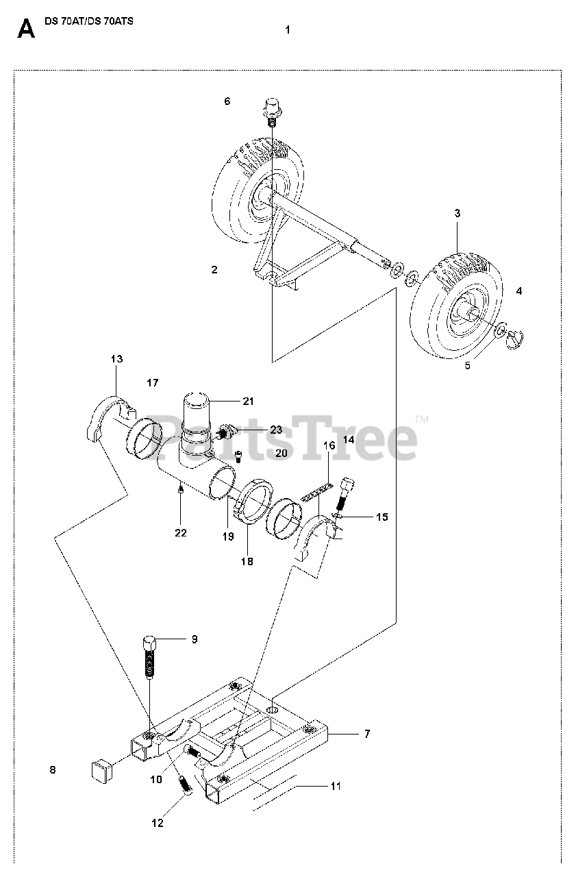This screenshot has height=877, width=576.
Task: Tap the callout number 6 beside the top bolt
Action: [x=227, y=101]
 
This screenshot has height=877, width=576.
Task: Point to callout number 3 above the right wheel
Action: [x=457, y=214]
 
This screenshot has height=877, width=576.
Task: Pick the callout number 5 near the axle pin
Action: [x=468, y=365]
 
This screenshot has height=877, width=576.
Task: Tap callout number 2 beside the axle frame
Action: [x=214, y=270]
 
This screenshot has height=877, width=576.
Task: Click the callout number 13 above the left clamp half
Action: [x=116, y=359]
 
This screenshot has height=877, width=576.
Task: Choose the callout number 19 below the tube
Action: [x=228, y=537]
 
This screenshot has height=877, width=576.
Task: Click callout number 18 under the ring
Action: [x=247, y=561]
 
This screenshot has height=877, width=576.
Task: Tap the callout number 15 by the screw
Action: [x=381, y=517]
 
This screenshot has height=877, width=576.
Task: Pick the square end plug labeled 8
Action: [x=101, y=769]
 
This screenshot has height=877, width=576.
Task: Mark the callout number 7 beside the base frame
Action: [x=366, y=734]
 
